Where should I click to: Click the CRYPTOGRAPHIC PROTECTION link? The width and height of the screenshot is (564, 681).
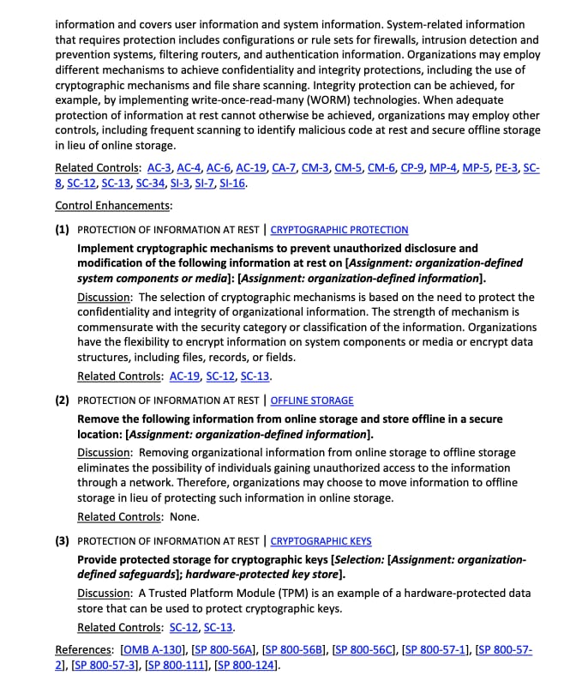tap(339, 230)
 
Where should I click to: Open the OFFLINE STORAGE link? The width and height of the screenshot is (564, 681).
tap(312, 401)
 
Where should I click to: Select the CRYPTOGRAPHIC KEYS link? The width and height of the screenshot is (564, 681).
tap(321, 541)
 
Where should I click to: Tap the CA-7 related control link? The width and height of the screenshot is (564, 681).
tap(284, 167)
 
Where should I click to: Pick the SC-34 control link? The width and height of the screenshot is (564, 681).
tap(151, 184)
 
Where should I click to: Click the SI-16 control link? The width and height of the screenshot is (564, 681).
tap(232, 184)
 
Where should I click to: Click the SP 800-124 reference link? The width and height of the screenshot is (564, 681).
tap(246, 666)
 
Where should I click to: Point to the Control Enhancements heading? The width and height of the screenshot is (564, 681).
tap(113, 206)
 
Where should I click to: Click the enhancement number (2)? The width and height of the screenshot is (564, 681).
tap(63, 401)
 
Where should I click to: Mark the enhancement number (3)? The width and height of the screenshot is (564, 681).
tap(63, 541)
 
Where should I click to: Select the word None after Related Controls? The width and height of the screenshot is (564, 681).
tap(183, 516)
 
